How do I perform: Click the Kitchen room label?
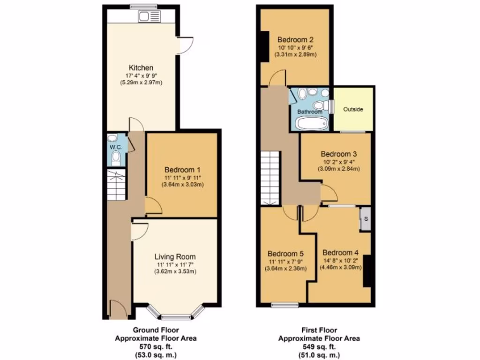tap(141, 68)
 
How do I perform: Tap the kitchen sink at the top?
tap(143, 16)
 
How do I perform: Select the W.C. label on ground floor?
tap(116, 147)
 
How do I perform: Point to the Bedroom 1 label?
tap(182, 169)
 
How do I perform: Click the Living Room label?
tap(175, 256)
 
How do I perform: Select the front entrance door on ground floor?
tap(117, 310)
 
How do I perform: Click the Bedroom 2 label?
tap(295, 39)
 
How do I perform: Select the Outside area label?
tap(353, 109)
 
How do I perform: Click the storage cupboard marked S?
tap(365, 219)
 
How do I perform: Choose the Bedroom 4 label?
tap(340, 251)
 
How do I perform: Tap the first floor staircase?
tap(270, 178)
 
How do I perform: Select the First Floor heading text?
tap(319, 330)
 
